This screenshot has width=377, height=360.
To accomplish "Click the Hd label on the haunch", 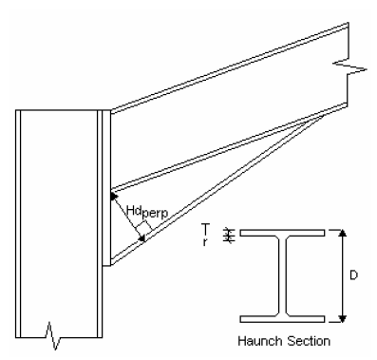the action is pos(133,211).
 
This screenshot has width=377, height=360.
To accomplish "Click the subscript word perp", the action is pos(155,214).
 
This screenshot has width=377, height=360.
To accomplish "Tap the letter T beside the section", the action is pos(205,228).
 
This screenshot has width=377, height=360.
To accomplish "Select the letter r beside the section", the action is pos(205,242).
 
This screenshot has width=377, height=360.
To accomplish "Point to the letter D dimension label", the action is pos(353,275).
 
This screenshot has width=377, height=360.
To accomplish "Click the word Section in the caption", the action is pos(309,341).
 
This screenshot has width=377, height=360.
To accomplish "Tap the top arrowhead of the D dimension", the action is pos(342,233).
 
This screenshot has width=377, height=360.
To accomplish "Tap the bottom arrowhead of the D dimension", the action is pos(342,318).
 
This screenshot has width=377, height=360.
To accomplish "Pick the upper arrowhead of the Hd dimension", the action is pos(113,197).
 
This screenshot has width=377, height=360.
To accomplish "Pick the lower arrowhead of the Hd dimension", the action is pos(142,238).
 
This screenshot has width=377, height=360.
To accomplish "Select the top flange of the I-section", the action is pos(282,233).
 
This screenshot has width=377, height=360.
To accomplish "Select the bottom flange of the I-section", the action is pos(282,319).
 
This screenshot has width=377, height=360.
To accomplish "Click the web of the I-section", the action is pos(282,275).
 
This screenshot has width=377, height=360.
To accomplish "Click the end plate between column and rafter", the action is pos(106,188).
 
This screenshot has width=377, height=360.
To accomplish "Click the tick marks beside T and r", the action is pos(228,236).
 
